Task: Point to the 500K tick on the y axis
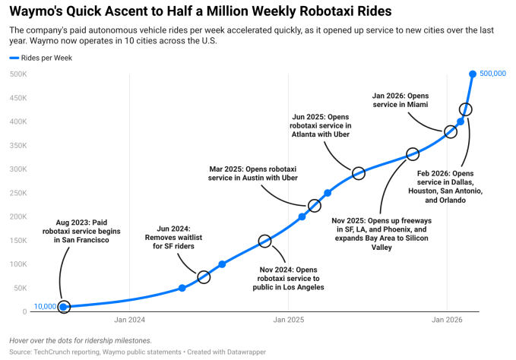19,74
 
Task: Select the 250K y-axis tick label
19,193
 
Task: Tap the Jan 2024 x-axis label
130,321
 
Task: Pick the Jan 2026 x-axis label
447,321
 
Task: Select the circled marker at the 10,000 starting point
64,307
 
